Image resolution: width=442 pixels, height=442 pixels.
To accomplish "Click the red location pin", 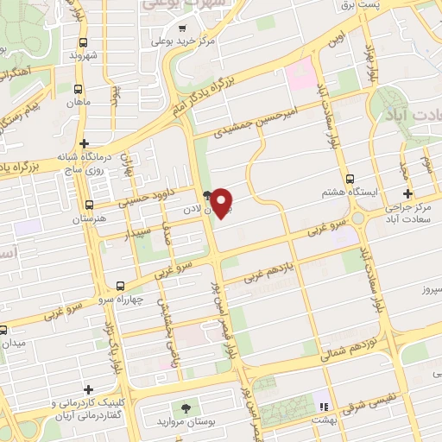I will (223, 203).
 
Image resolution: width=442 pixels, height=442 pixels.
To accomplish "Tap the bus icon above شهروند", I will (83, 42).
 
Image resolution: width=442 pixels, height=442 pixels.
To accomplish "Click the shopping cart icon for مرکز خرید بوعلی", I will (182, 27).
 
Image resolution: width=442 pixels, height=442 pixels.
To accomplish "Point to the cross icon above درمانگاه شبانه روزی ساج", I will (83, 143).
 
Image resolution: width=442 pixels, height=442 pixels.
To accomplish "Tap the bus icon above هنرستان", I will (90, 205).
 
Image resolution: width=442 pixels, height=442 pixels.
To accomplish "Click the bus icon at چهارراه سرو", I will (120, 286).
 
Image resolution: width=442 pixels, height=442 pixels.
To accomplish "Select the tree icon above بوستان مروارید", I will (186, 407).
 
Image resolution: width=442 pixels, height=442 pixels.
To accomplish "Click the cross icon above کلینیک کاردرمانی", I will (88, 390).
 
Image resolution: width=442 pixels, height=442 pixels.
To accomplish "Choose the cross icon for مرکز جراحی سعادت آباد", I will (408, 194).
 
